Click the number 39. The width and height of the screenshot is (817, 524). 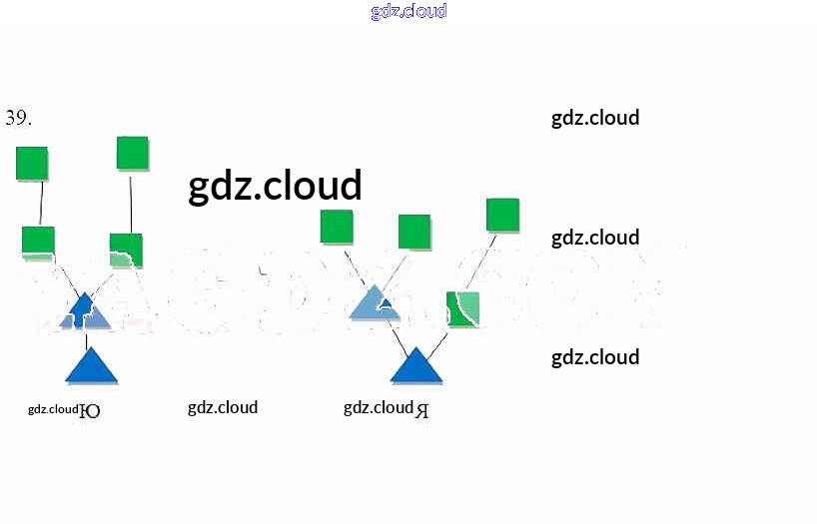click(x=18, y=118)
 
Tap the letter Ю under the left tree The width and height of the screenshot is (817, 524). click(x=90, y=410)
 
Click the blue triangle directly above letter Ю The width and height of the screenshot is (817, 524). click(x=91, y=366)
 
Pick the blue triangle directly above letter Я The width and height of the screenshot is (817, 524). click(x=415, y=366)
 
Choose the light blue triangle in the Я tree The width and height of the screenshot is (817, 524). click(x=376, y=303)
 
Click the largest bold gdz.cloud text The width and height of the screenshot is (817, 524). click(x=275, y=186)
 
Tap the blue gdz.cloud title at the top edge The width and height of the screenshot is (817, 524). click(x=408, y=11)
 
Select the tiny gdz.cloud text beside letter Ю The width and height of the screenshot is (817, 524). click(x=52, y=409)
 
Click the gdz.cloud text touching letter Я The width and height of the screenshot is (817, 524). click(x=378, y=407)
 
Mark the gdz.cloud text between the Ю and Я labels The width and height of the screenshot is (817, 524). click(x=223, y=407)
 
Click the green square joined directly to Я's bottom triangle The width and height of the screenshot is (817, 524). click(x=463, y=308)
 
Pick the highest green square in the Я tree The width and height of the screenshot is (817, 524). click(x=502, y=215)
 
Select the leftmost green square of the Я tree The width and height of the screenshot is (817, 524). click(x=337, y=227)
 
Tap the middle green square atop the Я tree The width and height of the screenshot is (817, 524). click(x=414, y=232)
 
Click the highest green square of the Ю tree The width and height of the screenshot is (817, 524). click(x=132, y=153)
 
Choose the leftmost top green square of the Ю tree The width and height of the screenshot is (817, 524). click(x=32, y=163)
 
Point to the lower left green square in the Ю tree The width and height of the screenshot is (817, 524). click(x=38, y=242)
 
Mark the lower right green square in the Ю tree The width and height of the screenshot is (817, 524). click(x=126, y=250)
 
